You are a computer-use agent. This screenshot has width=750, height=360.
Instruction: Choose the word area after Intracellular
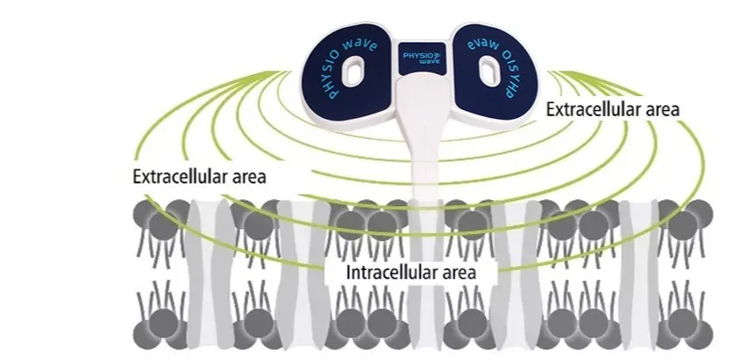(x=457, y=272)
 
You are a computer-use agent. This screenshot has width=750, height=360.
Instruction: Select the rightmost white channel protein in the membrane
(x=637, y=262)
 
